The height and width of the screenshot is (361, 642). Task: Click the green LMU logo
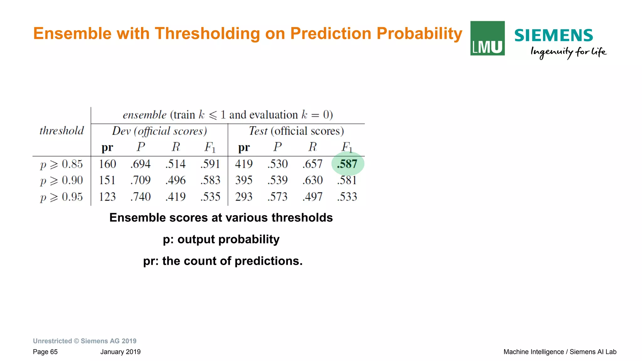pos(487,38)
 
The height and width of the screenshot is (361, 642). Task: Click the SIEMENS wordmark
pos(553,35)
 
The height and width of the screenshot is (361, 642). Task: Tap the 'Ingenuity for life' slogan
pos(568,52)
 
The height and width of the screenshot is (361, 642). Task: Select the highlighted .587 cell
pos(347,164)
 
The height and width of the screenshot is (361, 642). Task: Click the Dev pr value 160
pos(107,164)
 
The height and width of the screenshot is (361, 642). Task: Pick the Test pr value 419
pos(244,164)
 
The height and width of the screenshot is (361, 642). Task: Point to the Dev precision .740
pos(140,197)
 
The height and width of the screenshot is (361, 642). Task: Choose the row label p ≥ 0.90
pos(61,180)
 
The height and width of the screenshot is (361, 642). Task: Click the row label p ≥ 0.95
pos(61,197)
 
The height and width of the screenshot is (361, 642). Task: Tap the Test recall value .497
pos(312,197)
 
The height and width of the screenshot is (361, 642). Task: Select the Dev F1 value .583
pos(210,180)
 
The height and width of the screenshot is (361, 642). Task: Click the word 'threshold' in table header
pos(61,130)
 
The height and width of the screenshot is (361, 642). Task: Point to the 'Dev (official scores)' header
pos(159,131)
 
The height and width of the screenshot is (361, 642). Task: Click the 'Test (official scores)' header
pos(296,131)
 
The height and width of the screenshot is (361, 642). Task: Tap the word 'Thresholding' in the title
pos(208,34)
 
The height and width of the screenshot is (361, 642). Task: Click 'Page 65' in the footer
pos(45,352)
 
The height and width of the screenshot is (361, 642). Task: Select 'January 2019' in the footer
pos(120,352)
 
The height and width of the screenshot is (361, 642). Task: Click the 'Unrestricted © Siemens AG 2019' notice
pos(85,341)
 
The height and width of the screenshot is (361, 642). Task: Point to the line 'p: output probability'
pos(221,239)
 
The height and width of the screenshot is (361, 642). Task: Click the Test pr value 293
pos(244,197)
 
